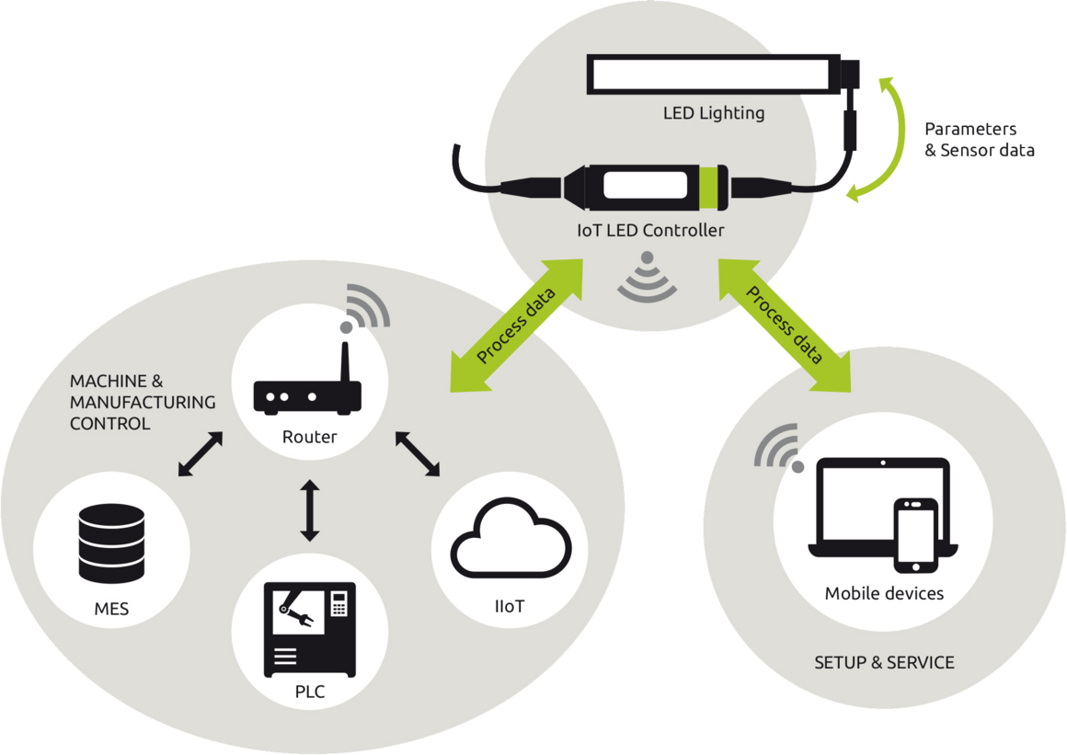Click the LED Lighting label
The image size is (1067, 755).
714,113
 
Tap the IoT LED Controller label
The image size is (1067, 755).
650,231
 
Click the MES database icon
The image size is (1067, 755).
111,543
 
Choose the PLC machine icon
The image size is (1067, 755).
310,630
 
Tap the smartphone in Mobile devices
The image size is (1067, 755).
915,536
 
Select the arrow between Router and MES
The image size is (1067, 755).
201,453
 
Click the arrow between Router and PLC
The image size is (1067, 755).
310,510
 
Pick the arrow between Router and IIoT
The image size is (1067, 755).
417,453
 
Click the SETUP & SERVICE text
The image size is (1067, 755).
884,662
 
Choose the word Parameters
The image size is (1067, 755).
970,129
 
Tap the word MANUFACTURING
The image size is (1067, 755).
143,402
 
